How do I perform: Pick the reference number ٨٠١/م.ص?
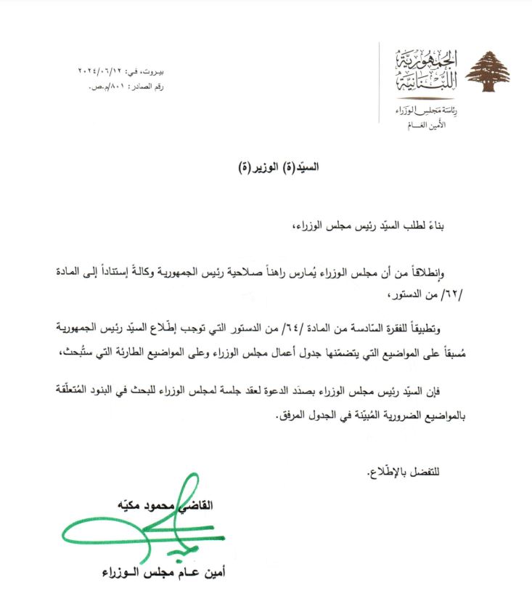pyautogui.click(x=102, y=86)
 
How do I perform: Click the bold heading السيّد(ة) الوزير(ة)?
pyautogui.click(x=279, y=166)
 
